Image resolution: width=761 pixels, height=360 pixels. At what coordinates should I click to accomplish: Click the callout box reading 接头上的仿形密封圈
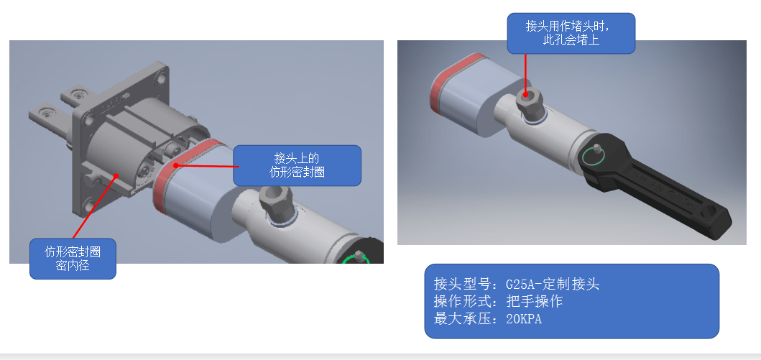click(298, 165)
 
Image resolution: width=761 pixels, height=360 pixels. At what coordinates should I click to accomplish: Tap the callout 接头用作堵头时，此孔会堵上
click(571, 33)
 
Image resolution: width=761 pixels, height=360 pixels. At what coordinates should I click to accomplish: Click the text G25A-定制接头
click(553, 284)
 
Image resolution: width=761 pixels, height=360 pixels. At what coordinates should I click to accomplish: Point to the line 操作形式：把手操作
click(498, 301)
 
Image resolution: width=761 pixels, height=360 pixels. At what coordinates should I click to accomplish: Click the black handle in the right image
click(668, 186)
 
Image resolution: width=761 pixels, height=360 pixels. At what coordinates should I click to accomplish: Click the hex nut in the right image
click(529, 103)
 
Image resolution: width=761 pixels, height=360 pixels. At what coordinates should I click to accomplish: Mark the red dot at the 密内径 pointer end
click(116, 174)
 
